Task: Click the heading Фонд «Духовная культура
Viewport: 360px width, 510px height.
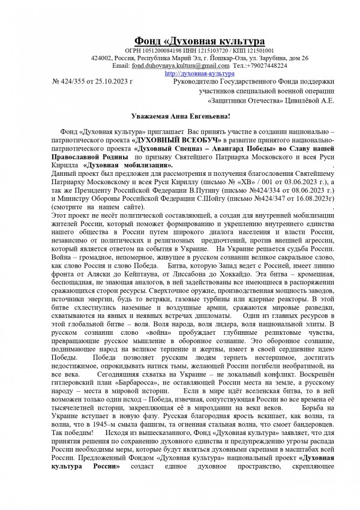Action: point(199,41)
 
